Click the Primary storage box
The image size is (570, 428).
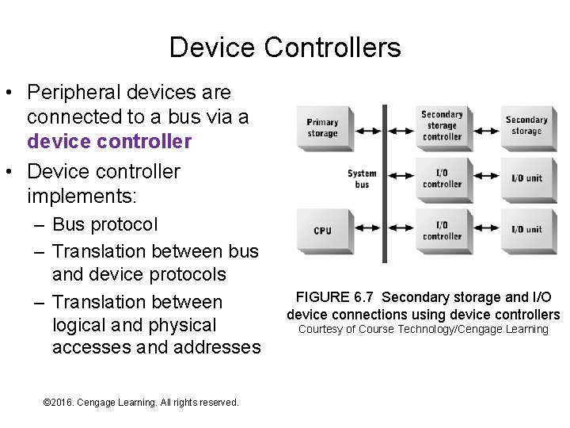click(x=322, y=127)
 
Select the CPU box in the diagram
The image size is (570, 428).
click(x=322, y=230)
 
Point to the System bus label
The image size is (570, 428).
click(x=362, y=179)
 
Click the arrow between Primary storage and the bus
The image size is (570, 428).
click(x=366, y=126)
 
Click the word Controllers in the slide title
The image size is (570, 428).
click(x=332, y=48)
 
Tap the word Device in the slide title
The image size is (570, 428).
click(x=212, y=48)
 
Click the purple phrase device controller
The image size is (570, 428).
click(x=109, y=142)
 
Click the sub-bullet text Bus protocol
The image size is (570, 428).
click(x=105, y=224)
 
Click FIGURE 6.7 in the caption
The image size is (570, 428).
click(x=333, y=297)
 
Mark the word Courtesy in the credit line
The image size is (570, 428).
click(x=320, y=330)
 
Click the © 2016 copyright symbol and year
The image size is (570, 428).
click(x=57, y=403)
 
